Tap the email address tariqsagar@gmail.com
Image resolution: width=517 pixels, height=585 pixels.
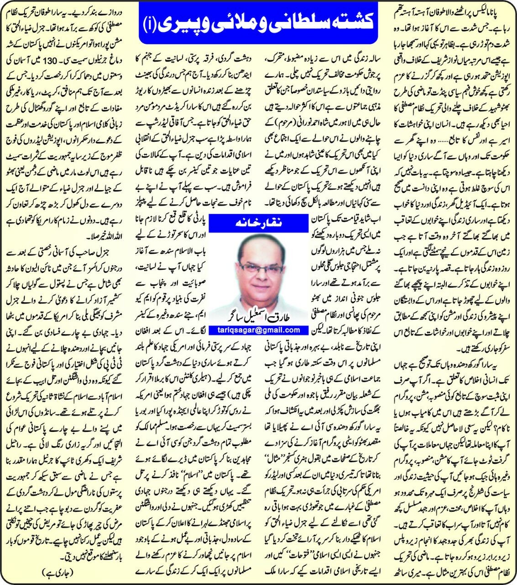pyautogui.click(x=258, y=330)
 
